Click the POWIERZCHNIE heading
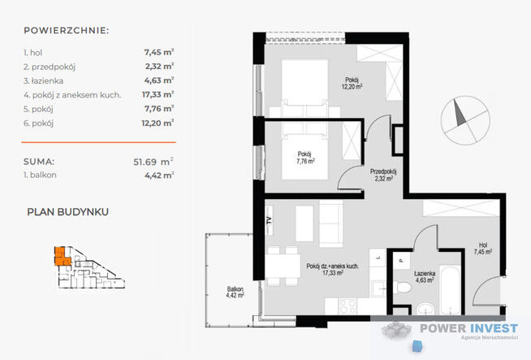tap(67, 31)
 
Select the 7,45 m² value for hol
tap(159, 52)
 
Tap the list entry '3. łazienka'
tap(43, 80)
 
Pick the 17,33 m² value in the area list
tap(158, 94)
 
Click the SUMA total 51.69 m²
tap(153, 162)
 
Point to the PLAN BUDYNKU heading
tap(67, 212)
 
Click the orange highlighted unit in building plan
tap(62, 256)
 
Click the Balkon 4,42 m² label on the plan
tap(235, 293)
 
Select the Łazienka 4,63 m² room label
tap(425, 276)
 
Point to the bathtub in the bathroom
tap(450, 291)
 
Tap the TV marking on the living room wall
tap(270, 221)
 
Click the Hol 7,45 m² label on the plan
tap(483, 248)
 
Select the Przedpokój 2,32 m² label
tap(383, 175)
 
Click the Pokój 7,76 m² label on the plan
tap(305, 158)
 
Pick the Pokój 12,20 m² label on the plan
tap(352, 83)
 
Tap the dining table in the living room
tap(283, 266)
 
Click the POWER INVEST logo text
tap(468, 328)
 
